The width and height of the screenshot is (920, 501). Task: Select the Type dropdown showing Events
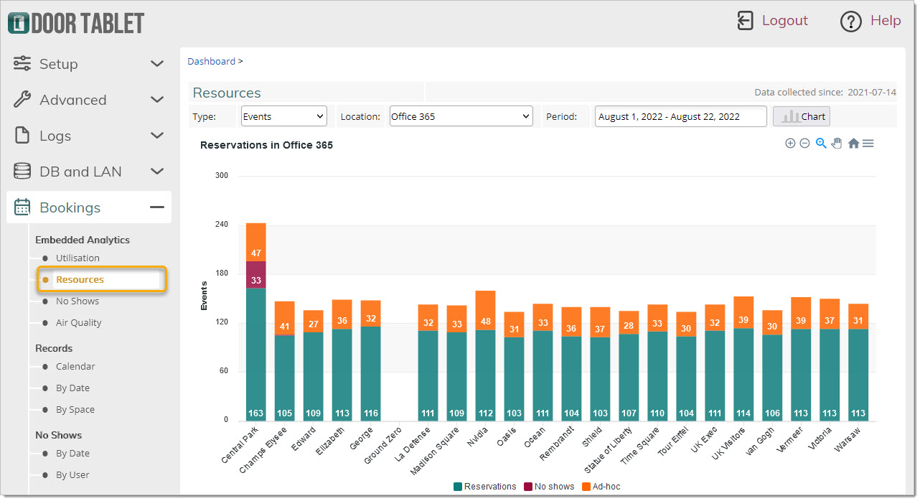(x=283, y=116)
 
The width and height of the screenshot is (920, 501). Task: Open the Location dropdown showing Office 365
(x=461, y=116)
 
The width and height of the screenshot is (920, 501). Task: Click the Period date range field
(x=680, y=116)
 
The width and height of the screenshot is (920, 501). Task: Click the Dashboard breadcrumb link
(x=211, y=61)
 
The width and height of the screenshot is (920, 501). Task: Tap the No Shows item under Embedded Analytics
(x=78, y=301)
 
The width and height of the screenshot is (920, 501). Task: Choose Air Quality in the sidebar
(x=78, y=322)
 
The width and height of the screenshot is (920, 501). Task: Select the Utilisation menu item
(x=78, y=258)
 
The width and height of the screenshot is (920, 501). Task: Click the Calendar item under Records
(x=75, y=366)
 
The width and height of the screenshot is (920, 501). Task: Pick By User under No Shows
(x=72, y=474)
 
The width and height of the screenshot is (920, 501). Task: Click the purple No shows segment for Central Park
(x=256, y=275)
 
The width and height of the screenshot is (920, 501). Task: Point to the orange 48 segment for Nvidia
(x=485, y=311)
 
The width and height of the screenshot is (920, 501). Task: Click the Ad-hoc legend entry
(x=601, y=487)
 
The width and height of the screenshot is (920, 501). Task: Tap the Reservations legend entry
(x=484, y=487)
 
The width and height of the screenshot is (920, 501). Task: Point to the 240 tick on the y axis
(x=221, y=224)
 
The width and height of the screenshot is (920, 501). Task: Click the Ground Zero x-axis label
(x=382, y=446)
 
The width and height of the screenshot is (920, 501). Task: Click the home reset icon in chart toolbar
(x=853, y=144)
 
